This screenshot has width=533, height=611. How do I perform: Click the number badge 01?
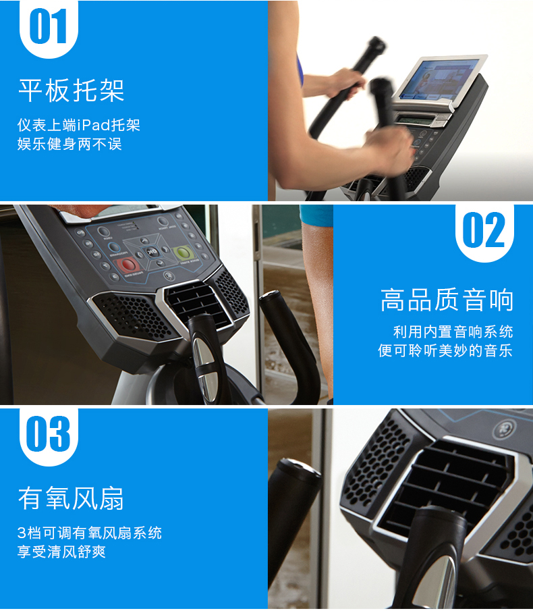point(49,28)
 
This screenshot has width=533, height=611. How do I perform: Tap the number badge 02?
point(484,232)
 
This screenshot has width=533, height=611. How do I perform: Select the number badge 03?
point(49,436)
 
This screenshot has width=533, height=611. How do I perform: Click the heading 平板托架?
point(72,90)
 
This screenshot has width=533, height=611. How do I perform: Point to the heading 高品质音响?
point(447,300)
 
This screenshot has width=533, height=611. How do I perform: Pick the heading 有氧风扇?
point(71,498)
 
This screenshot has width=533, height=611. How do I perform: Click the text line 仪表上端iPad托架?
point(79,125)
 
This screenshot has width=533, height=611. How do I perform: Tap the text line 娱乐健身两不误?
point(69,144)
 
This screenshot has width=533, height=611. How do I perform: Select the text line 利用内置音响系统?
point(453,331)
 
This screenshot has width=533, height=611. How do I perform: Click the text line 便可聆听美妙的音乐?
point(445,350)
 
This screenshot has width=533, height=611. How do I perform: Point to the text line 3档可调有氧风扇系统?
point(90,533)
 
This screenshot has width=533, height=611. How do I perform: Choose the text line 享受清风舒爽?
point(61,552)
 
